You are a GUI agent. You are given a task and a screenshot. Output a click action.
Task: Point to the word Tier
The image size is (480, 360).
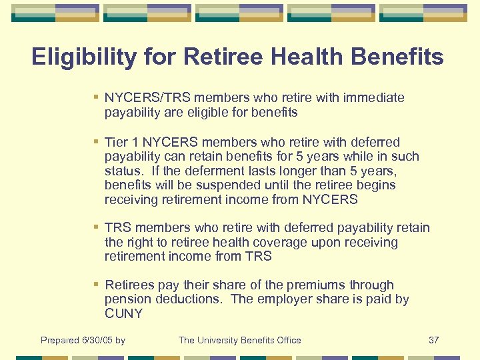coord(117,142)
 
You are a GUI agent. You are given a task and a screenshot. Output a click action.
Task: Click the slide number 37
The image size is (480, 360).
coord(433,341)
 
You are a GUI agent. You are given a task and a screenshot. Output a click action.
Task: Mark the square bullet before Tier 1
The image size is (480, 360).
coord(97,142)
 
